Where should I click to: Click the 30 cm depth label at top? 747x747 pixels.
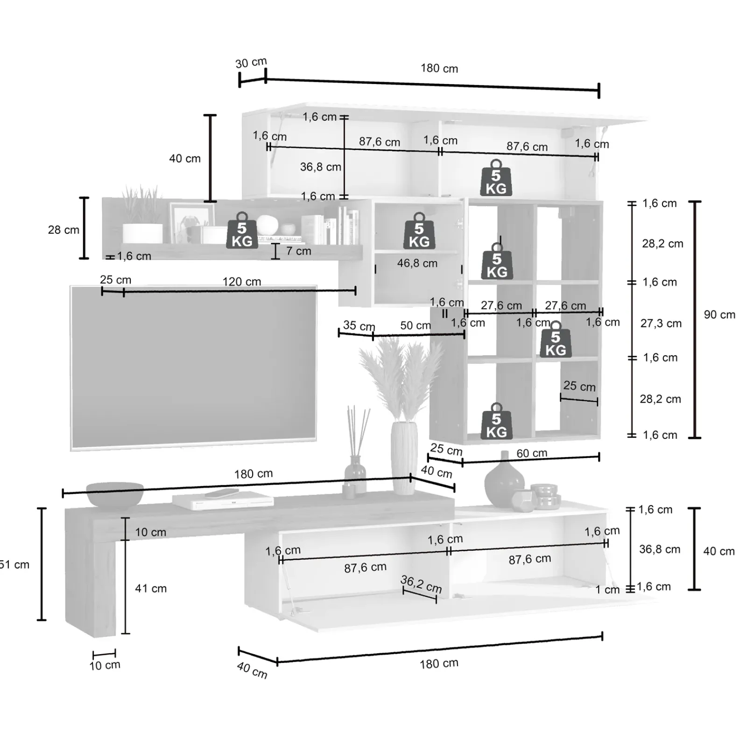click(x=251, y=63)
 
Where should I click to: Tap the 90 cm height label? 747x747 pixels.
click(x=719, y=315)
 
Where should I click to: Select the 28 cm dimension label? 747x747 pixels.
click(x=63, y=230)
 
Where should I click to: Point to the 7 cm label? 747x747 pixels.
click(x=298, y=251)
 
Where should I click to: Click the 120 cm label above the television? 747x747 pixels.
click(x=241, y=282)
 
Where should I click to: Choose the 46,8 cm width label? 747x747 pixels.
click(x=417, y=263)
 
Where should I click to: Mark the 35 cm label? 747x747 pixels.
click(x=359, y=325)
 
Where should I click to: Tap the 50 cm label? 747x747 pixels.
click(x=415, y=325)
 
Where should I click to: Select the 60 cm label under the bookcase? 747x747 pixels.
click(x=532, y=453)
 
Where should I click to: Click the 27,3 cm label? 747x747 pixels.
click(x=661, y=323)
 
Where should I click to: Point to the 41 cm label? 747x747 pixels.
click(x=151, y=588)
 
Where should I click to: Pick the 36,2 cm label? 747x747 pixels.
click(x=421, y=584)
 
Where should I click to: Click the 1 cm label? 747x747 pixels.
click(x=607, y=590)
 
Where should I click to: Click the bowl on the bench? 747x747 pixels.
click(x=115, y=494)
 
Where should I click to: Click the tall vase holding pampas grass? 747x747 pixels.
click(x=404, y=458)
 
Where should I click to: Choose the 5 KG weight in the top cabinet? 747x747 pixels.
click(x=496, y=178)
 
